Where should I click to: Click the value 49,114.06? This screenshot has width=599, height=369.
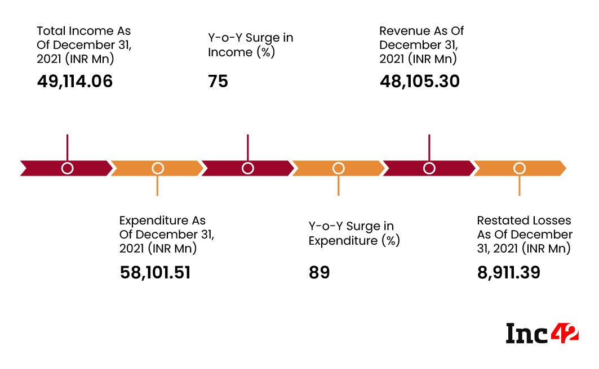(x=75, y=82)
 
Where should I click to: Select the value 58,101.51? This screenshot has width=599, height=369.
(x=155, y=273)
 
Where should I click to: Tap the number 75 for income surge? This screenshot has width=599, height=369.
(x=218, y=82)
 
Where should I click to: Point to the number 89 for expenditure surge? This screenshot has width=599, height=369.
(x=319, y=273)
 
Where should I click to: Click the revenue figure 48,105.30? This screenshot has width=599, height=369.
(x=419, y=82)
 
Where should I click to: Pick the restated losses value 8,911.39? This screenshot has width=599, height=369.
(x=508, y=273)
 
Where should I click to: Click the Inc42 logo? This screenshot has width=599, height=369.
(x=542, y=333)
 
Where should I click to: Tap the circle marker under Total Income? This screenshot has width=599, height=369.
(x=67, y=168)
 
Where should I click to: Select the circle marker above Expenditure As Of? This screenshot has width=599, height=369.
(x=158, y=168)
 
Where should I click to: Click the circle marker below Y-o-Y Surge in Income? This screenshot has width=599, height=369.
(x=247, y=168)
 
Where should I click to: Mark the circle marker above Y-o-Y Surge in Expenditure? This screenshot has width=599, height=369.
(x=338, y=168)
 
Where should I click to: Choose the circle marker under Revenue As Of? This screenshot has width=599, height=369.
(x=429, y=168)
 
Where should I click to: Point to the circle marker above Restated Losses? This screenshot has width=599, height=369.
(x=520, y=168)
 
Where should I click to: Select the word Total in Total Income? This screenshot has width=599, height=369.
(x=51, y=31)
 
